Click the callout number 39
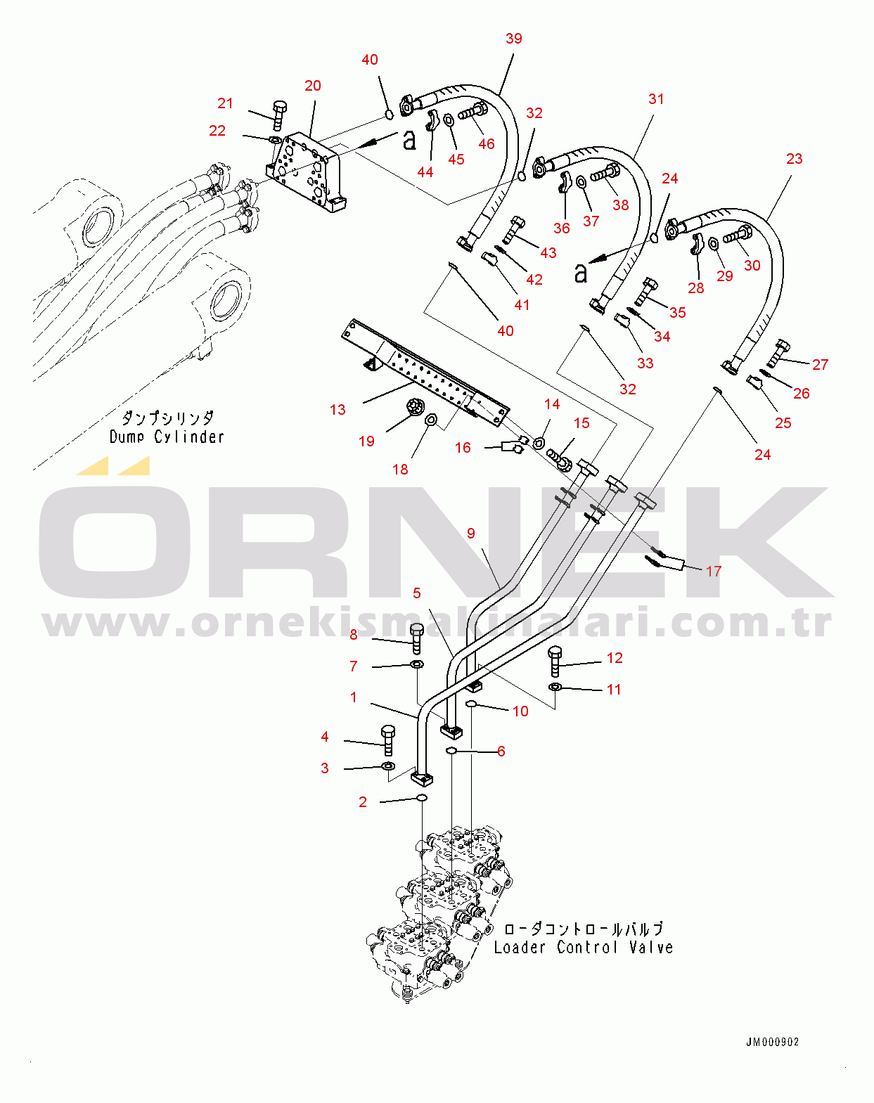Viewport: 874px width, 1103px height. (513, 39)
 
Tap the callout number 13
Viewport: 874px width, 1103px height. (338, 410)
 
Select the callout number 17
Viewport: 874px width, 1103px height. (714, 571)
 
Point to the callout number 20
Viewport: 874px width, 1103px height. (313, 86)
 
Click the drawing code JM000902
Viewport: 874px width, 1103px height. (773, 1042)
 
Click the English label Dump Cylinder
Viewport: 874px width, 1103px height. (167, 437)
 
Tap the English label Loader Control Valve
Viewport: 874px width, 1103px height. (584, 947)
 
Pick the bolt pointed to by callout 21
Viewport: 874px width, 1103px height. (278, 117)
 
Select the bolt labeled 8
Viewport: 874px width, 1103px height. (417, 638)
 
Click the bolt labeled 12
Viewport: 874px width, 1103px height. (555, 662)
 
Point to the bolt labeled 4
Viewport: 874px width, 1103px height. (388, 740)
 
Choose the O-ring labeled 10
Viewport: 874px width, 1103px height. (472, 706)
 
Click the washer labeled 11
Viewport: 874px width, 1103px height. (555, 687)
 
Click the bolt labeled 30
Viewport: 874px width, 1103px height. (738, 235)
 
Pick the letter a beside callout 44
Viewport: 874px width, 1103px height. (409, 139)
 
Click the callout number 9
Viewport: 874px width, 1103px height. (470, 533)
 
